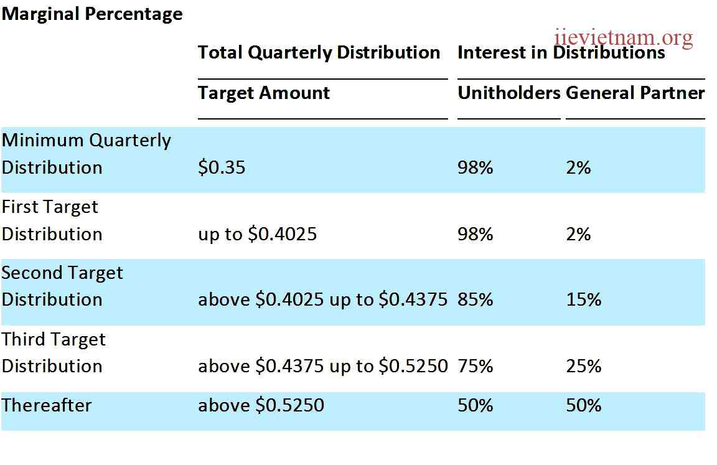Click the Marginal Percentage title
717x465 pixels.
[92, 14]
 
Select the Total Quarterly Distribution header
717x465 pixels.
[319, 52]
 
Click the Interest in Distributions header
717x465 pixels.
[561, 53]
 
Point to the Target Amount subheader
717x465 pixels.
[264, 93]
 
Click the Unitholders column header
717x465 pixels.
[509, 93]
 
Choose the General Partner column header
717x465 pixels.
[635, 93]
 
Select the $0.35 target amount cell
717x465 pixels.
[222, 167]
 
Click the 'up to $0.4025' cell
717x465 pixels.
[257, 234]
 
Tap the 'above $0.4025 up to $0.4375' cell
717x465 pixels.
[322, 299]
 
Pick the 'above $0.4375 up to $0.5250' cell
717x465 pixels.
[322, 366]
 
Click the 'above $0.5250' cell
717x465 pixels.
[261, 405]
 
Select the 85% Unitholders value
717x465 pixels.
[475, 299]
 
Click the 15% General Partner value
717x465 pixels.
[583, 299]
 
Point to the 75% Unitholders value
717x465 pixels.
[475, 366]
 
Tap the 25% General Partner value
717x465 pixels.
[583, 366]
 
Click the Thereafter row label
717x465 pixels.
[47, 405]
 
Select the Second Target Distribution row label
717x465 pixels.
[62, 286]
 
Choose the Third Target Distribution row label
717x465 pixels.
[54, 352]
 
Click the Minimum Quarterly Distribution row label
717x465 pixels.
[86, 154]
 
